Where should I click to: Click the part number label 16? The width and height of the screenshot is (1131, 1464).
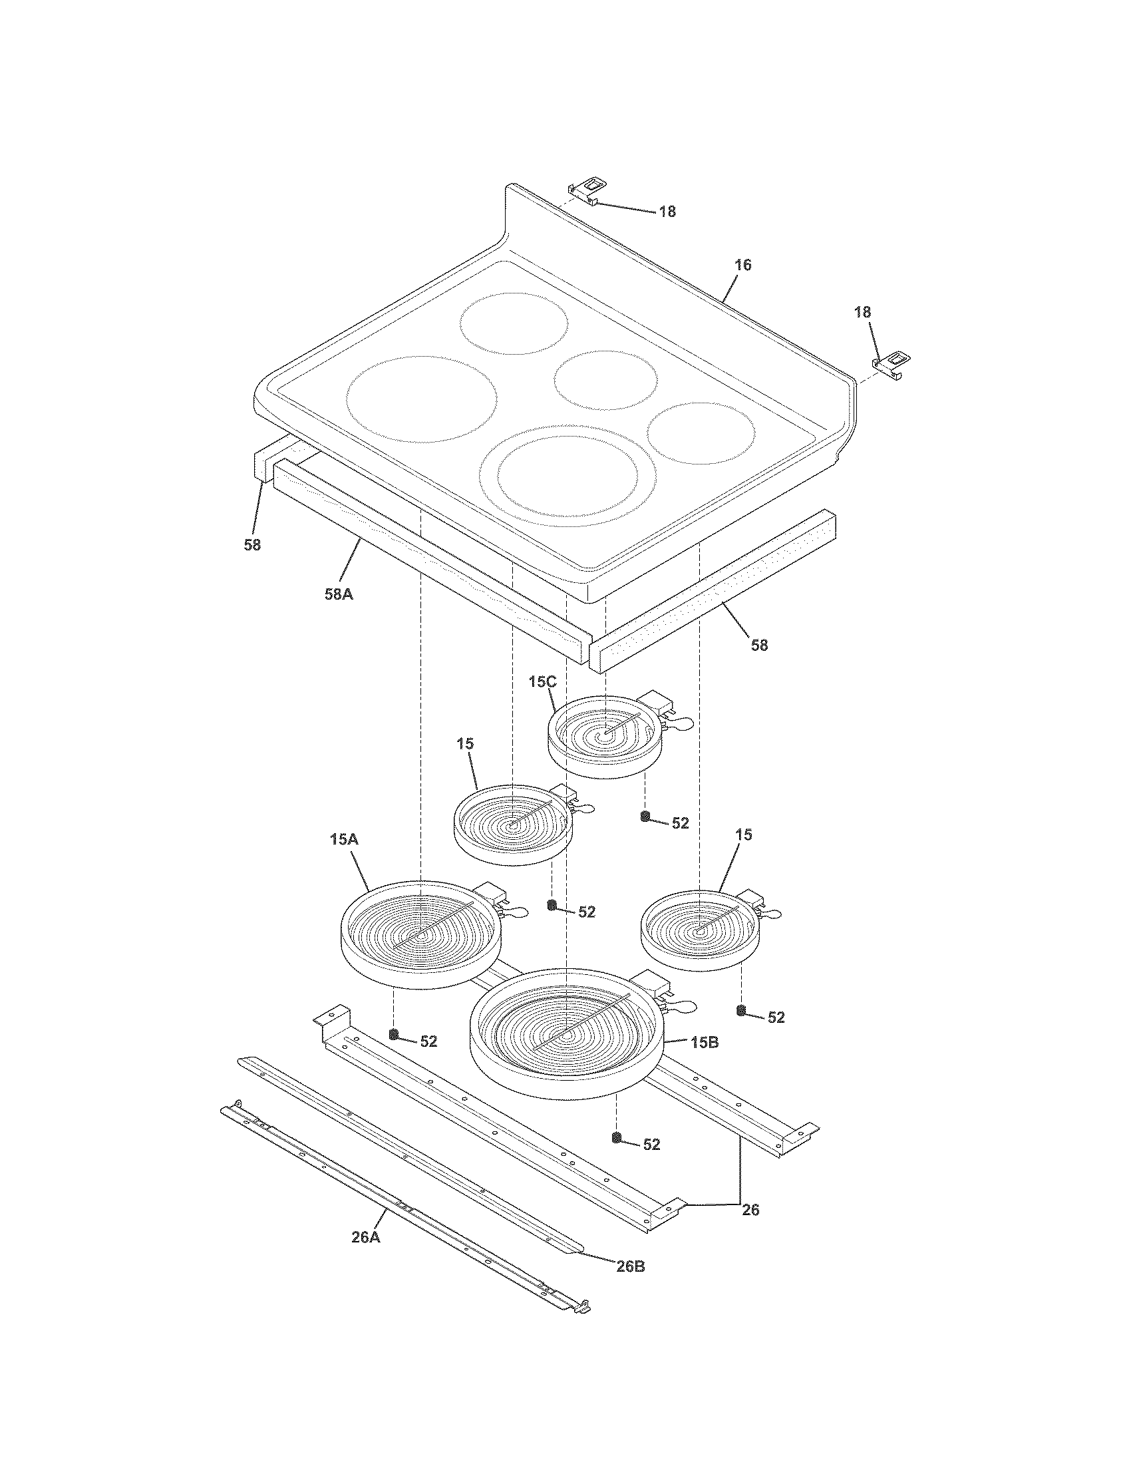742,265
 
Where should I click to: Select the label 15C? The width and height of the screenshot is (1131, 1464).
542,682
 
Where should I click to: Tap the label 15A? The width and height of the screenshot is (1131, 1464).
344,838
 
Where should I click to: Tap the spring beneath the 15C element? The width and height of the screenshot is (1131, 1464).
645,816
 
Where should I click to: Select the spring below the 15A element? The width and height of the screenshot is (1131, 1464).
394,1034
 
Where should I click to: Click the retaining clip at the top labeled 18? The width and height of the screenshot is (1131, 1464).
586,192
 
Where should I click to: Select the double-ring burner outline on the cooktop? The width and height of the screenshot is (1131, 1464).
567,475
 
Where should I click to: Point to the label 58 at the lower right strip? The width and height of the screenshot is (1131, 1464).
758,645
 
